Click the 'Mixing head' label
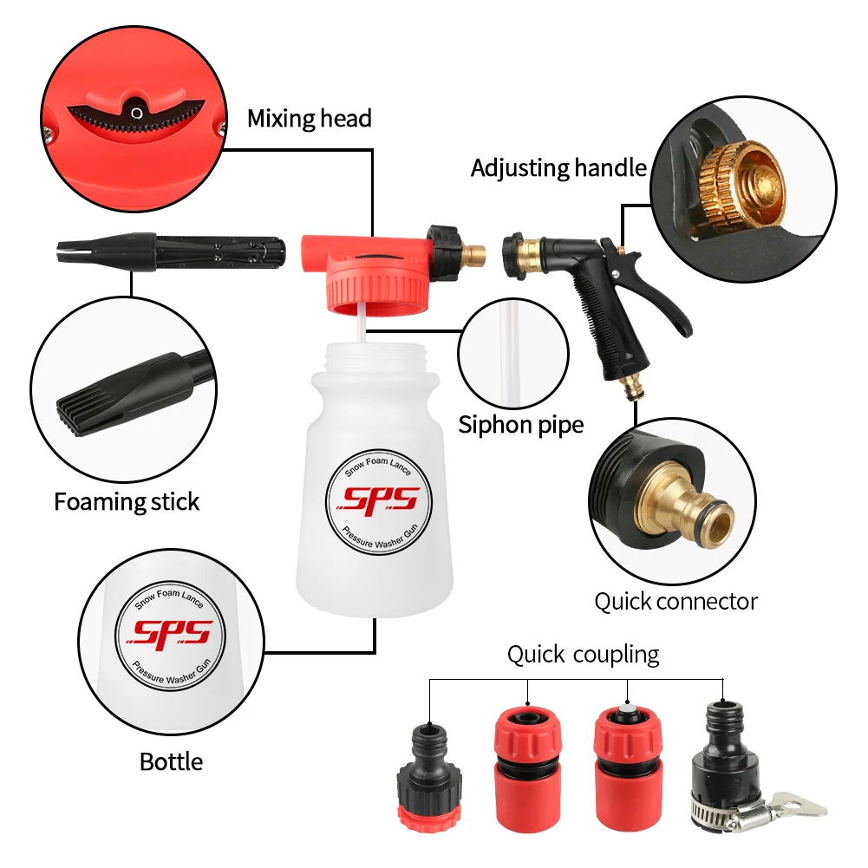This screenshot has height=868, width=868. click(309, 118)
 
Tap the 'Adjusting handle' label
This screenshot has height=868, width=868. click(558, 167)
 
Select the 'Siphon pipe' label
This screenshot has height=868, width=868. click(520, 425)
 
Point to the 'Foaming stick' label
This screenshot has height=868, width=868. click(127, 502)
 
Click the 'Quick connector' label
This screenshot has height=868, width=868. click(675, 601)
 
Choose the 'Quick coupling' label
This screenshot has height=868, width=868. click(583, 654)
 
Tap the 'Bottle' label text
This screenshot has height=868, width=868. click(171, 761)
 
